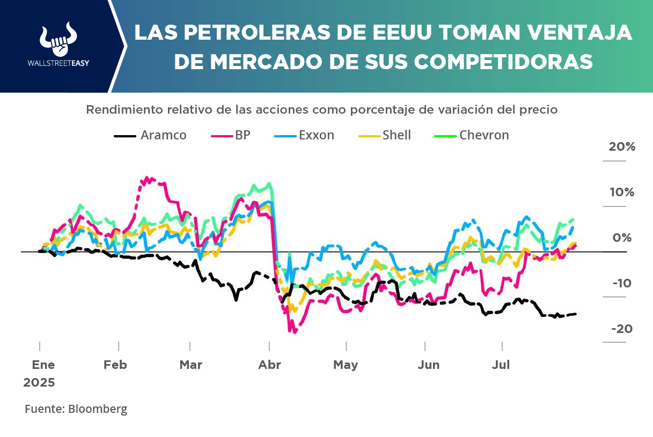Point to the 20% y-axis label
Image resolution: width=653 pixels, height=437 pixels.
[622, 146]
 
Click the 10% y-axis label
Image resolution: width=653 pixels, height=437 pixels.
[621, 192]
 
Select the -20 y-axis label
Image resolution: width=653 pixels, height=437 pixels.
[622, 329]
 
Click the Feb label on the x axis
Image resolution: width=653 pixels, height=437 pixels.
[115, 365]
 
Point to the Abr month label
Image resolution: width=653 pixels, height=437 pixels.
[269, 365]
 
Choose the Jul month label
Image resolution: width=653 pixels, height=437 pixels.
[501, 365]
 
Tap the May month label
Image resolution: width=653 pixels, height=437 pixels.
[346, 365]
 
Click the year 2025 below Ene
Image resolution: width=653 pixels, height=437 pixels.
[39, 383]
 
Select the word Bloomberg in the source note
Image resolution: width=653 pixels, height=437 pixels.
[97, 409]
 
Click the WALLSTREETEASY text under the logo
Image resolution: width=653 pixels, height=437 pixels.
[58, 63]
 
